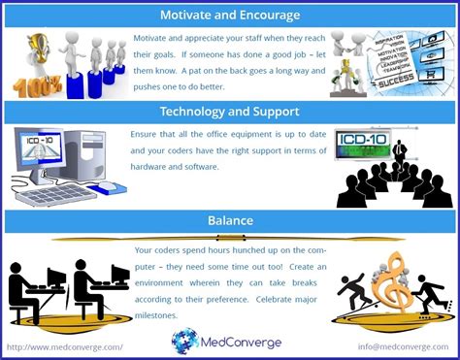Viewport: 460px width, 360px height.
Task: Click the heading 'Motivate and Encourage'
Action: point(229,15)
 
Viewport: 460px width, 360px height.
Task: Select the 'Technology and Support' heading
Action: point(229,112)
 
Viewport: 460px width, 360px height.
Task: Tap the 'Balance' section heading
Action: point(229,220)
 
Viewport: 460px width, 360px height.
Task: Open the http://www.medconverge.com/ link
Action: point(65,346)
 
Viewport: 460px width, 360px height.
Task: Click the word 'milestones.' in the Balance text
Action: point(158,315)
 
